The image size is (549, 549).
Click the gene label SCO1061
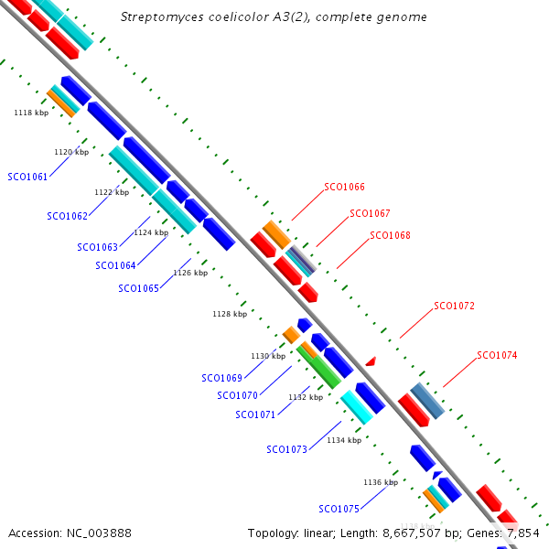tap(27, 177)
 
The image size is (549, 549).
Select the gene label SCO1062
tap(67, 216)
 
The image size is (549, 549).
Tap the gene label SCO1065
tap(138, 288)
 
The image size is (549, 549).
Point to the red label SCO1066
tap(344, 187)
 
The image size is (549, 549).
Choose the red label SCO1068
tap(390, 235)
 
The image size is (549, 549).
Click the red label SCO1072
tap(454, 306)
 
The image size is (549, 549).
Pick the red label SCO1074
tap(497, 355)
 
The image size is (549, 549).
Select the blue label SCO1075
tap(339, 509)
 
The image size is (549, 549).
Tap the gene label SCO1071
tap(255, 414)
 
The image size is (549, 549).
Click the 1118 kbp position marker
tap(31, 113)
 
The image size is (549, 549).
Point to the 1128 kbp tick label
tap(230, 314)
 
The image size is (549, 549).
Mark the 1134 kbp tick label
tap(344, 440)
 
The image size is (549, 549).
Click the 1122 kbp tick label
tap(112, 192)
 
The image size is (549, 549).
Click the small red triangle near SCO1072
tap(371, 362)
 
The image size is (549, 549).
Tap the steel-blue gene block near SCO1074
tap(427, 401)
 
